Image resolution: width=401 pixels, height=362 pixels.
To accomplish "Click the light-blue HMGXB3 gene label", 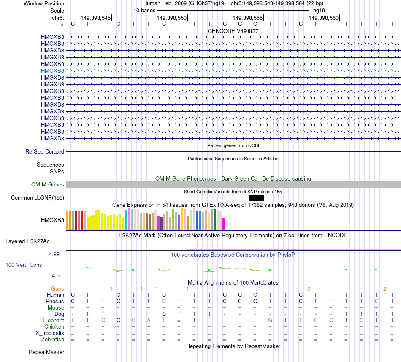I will (x=52, y=71).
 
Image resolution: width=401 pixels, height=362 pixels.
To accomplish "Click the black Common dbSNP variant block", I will (x=256, y=197).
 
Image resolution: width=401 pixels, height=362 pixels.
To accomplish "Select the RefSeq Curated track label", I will (x=45, y=151).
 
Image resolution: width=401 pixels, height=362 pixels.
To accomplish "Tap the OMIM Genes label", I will (x=47, y=184).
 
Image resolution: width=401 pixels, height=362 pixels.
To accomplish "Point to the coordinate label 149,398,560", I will (x=323, y=18).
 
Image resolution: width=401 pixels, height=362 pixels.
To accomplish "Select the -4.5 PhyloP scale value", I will (x=55, y=275).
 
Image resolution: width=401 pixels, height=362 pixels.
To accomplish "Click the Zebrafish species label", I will (x=53, y=339).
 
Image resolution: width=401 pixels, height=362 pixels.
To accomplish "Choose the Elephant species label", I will (x=54, y=321).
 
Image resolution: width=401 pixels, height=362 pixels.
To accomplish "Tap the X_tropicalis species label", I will (x=50, y=333).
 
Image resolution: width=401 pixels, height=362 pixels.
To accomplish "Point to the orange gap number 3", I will (x=309, y=288).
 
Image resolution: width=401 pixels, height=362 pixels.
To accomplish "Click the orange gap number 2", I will (x=385, y=288).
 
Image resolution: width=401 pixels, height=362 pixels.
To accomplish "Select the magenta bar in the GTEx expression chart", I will (x=224, y=224).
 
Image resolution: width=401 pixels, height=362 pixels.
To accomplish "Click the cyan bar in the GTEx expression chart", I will (x=126, y=219).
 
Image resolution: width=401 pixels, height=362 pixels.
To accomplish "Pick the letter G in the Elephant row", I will (x=270, y=321).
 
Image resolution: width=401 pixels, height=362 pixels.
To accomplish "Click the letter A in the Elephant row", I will (x=149, y=321).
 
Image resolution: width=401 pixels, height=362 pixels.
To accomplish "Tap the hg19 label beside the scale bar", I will (x=319, y=10).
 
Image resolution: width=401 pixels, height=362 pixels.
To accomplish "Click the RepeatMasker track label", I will (x=46, y=352).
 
